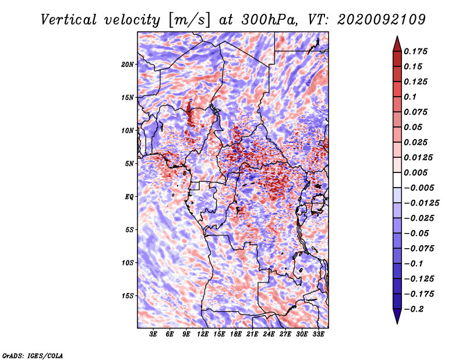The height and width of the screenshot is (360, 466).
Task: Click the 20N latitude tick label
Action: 128,64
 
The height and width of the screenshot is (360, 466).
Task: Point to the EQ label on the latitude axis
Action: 129,196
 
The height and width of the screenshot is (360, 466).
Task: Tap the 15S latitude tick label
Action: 128,296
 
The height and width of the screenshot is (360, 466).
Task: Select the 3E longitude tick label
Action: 153,334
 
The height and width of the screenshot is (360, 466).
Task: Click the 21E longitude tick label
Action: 252,334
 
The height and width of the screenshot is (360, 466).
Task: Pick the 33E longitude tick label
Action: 318,334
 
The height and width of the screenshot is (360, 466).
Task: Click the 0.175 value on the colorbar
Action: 415,51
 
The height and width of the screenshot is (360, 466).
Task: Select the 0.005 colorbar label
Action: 415,172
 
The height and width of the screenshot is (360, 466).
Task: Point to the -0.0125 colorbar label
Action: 421,203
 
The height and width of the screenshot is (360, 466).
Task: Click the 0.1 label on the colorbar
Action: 410,97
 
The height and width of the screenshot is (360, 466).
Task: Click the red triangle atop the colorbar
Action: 397,44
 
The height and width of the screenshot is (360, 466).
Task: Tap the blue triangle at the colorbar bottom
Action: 397,316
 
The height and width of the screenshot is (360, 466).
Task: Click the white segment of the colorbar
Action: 397,180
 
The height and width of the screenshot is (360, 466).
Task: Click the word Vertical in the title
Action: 69,20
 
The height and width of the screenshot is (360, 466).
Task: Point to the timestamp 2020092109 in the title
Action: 382,20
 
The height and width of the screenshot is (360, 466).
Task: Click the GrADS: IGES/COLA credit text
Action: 33,356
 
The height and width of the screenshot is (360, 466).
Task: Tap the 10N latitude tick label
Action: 128,130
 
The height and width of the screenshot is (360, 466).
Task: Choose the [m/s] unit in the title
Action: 189,20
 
